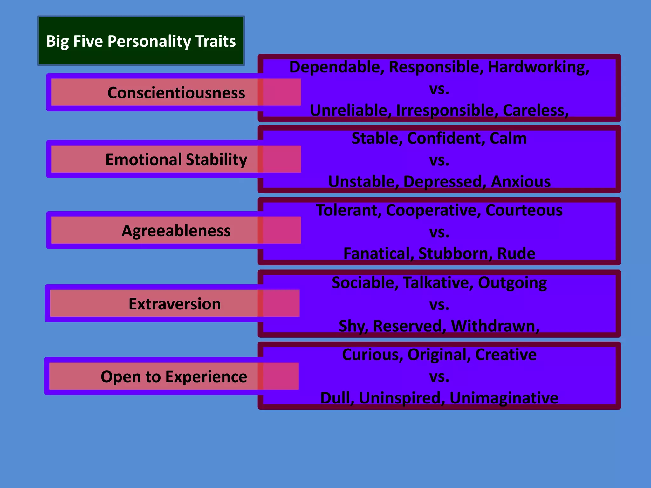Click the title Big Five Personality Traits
pyautogui.click(x=141, y=41)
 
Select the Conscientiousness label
pyautogui.click(x=176, y=93)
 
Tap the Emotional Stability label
pyautogui.click(x=176, y=159)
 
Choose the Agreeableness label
pyautogui.click(x=176, y=231)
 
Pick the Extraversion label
pyautogui.click(x=175, y=304)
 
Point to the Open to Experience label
pyautogui.click(x=174, y=377)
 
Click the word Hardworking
pyautogui.click(x=538, y=67)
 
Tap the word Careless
pyautogui.click(x=535, y=111)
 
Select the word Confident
pyautogui.click(x=446, y=139)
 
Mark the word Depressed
pyautogui.click(x=444, y=182)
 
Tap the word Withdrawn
pyautogui.click(x=495, y=326)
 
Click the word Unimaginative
pyautogui.click(x=504, y=398)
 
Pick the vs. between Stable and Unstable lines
pyautogui.click(x=439, y=160)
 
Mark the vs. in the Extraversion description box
pyautogui.click(x=439, y=305)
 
